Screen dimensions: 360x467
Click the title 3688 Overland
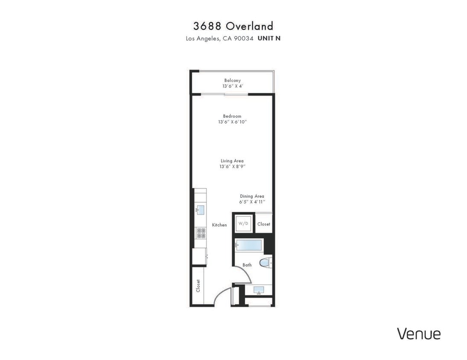tap(233, 26)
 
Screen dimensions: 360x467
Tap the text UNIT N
tap(269, 38)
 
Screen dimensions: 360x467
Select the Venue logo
tap(418, 334)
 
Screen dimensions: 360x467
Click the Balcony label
tap(233, 80)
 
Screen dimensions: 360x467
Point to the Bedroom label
tap(232, 116)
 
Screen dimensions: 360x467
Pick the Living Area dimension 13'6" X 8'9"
tap(232, 167)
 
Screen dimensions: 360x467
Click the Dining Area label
tap(252, 196)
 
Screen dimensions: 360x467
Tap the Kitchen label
tap(219, 225)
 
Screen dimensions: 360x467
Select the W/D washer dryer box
tap(243, 224)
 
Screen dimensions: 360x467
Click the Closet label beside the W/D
tap(264, 224)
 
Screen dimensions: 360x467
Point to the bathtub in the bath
tap(249, 246)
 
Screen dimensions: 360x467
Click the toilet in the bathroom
tap(266, 263)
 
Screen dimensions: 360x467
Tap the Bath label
tap(247, 265)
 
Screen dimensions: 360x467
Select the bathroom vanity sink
tap(259, 290)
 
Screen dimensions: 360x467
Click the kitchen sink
tap(201, 209)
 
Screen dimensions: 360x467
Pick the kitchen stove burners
tap(201, 233)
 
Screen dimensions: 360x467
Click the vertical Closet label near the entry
tap(198, 286)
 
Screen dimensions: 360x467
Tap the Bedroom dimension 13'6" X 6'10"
tap(232, 122)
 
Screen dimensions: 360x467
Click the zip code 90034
tap(244, 38)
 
